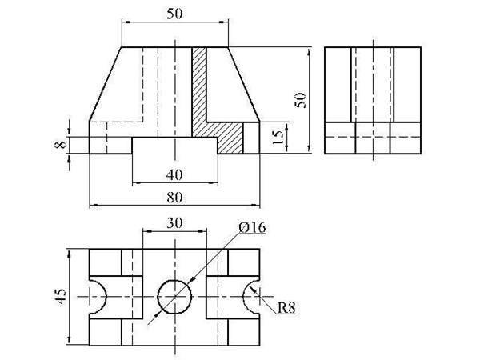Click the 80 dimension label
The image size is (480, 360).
[x=174, y=198]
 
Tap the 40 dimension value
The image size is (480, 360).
[x=174, y=175]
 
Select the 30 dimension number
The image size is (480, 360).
[x=174, y=223]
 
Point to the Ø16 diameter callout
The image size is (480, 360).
[x=252, y=228]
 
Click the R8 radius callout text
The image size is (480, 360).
[x=286, y=308]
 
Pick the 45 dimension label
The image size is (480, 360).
[x=61, y=296]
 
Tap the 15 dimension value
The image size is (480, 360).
[x=278, y=137]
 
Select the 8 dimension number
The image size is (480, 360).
[x=61, y=144]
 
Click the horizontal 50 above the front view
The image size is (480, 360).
[x=174, y=14]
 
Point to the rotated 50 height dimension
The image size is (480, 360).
[x=300, y=100]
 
